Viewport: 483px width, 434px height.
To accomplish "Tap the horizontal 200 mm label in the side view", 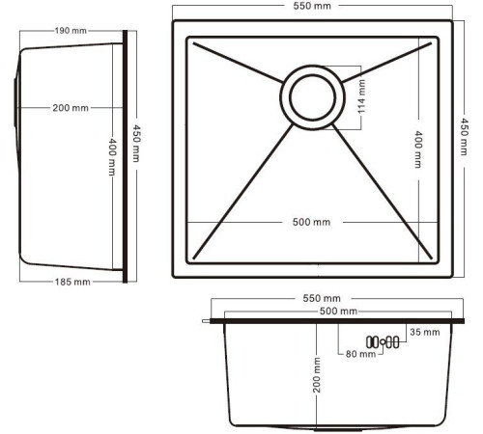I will point(71,107).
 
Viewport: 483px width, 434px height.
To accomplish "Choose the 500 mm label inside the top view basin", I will point(311,222).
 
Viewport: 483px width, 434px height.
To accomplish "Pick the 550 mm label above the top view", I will point(310,7).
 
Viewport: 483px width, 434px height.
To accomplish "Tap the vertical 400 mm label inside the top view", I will point(417,149).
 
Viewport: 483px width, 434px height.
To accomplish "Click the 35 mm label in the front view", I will point(425,332).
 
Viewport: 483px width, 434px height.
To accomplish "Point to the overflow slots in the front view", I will point(384,341).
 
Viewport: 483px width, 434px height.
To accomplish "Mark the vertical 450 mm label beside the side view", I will point(138,147).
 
